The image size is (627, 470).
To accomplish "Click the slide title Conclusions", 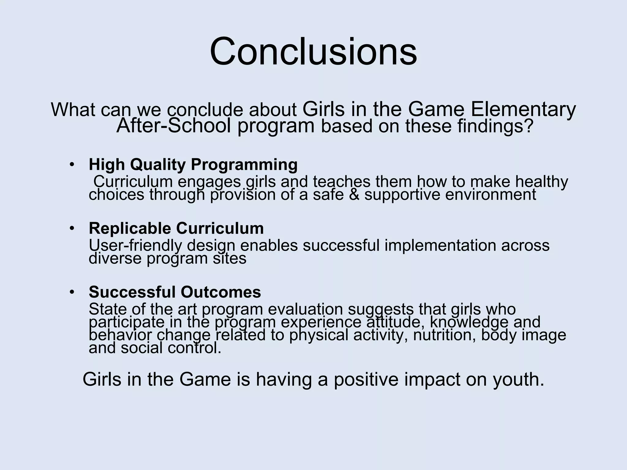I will point(313,51).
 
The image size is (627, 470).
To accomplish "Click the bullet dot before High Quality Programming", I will point(72,165).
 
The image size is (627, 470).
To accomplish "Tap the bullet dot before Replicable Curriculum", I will point(72,228).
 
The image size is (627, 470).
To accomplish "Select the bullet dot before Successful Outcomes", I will point(72,292).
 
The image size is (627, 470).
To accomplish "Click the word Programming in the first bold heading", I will point(244,165).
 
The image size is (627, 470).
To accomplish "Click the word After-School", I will point(174,126).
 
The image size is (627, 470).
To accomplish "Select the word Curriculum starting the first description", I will point(133,182).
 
